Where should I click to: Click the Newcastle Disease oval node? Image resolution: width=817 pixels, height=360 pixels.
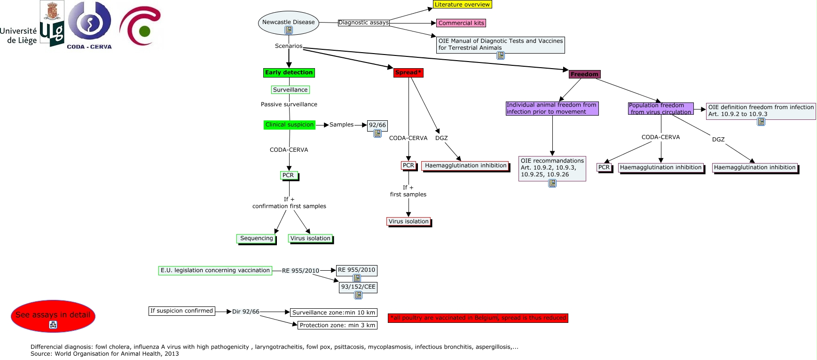pos(288,22)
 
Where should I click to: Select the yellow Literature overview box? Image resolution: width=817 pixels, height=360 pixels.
pos(462,5)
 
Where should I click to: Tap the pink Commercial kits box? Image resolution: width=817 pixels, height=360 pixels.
pos(461,23)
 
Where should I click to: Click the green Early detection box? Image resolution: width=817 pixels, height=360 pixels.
pos(289,72)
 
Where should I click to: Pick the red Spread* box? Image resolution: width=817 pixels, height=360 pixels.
pos(408,72)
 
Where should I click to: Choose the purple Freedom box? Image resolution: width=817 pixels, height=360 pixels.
pos(584,74)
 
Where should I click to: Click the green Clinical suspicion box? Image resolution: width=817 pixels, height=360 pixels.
pos(289,125)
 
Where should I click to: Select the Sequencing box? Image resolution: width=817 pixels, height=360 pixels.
pos(256,238)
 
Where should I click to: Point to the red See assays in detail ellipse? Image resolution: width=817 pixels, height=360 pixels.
pos(53,315)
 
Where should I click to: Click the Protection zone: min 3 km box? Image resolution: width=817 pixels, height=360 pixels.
pos(337,325)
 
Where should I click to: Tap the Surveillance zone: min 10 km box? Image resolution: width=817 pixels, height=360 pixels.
pos(333,313)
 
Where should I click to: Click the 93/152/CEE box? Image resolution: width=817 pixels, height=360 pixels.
pos(358,287)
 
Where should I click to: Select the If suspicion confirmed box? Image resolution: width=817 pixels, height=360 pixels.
pos(181,311)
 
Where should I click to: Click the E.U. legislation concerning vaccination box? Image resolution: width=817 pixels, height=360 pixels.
pos(215,270)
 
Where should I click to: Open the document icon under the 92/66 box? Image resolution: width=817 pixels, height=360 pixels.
pos(377,133)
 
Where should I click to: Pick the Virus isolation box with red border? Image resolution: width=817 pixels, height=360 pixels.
pos(408,221)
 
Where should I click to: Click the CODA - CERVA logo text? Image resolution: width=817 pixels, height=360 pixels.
pos(89,47)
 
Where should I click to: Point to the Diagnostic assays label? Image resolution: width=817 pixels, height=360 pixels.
pos(363,23)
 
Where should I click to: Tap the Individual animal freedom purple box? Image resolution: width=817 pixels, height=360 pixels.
pos(552,109)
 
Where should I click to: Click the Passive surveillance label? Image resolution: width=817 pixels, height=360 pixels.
pos(289,104)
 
